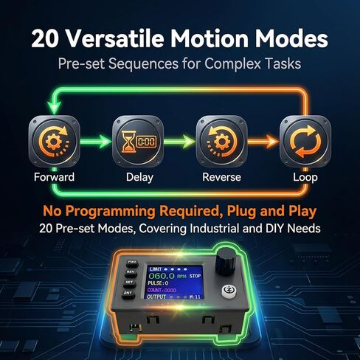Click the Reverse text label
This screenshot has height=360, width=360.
[222, 178]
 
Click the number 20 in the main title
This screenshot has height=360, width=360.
[43, 38]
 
